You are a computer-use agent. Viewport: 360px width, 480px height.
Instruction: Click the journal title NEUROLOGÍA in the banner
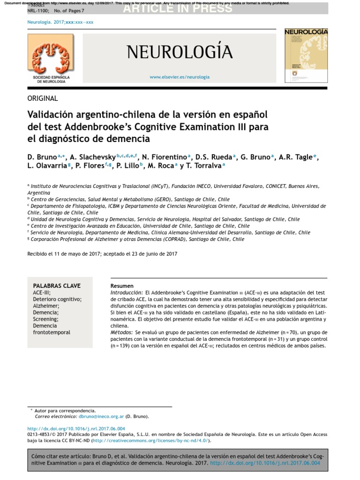pos(180,52)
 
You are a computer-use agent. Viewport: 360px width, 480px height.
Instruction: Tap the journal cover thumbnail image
pos(306,55)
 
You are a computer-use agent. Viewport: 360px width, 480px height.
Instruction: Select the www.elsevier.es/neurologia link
pos(180,77)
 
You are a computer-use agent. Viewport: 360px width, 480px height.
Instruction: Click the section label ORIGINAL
pos(43,98)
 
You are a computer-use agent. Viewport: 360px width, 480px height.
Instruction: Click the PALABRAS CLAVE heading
pos(57,285)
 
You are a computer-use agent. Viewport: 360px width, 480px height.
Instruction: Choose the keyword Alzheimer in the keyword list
pos(45,306)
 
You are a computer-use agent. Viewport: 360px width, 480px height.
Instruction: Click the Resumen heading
pos(122,286)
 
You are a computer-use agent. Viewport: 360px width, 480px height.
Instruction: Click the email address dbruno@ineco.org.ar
pos(101,416)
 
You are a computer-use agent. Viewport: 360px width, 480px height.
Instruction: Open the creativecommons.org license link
pos(151,441)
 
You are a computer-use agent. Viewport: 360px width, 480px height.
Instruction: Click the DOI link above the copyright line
pos(76,428)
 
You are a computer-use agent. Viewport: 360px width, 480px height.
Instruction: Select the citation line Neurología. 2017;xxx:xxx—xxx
pos(61,22)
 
